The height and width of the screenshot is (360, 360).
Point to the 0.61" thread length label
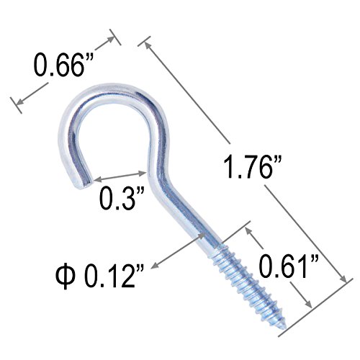click(289, 266)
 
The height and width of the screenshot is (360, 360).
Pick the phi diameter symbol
click(64, 276)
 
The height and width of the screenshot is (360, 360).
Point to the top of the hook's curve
click(109, 90)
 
